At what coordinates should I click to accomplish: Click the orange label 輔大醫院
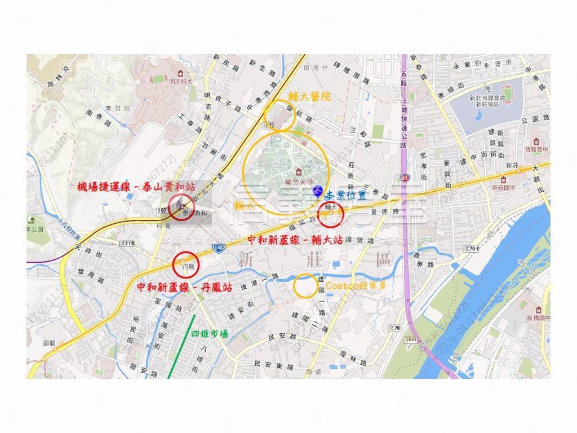tap(310, 98)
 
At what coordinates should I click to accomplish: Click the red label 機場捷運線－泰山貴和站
tap(135, 186)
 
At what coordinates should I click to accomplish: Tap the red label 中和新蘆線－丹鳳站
tap(185, 287)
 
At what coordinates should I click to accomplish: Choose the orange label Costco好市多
tap(356, 286)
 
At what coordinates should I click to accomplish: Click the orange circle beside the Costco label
tap(305, 286)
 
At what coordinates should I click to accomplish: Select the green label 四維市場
tap(210, 334)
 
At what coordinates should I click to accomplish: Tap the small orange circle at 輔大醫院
tap(279, 115)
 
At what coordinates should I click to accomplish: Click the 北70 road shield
tap(394, 328)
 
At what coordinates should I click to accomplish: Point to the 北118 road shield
tap(127, 243)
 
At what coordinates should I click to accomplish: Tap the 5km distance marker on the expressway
tap(411, 339)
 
